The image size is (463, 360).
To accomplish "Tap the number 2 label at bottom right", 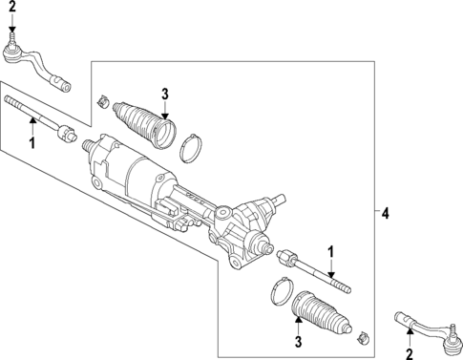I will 410,352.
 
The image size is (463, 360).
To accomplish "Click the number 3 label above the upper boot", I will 164,93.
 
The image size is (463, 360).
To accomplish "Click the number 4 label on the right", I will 386,211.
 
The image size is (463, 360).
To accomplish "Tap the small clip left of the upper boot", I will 103,99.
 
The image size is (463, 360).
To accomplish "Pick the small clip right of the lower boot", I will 362,337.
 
